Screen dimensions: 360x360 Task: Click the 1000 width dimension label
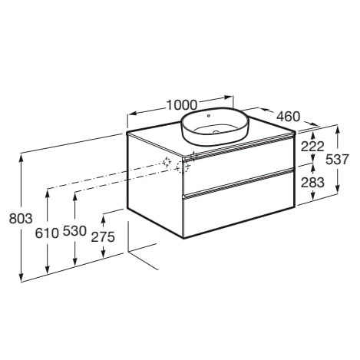pyautogui.click(x=182, y=105)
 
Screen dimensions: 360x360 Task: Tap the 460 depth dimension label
pyautogui.click(x=288, y=117)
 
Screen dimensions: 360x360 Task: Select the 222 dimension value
pyautogui.click(x=312, y=147)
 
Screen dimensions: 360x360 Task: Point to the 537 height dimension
pyautogui.click(x=337, y=160)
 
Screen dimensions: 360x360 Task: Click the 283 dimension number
pyautogui.click(x=312, y=183)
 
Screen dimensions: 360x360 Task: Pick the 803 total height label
pyautogui.click(x=21, y=219)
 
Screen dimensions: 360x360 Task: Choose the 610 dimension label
pyautogui.click(x=47, y=233)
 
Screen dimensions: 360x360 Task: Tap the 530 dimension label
pyautogui.click(x=74, y=231)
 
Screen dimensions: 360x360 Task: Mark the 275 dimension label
pyautogui.click(x=103, y=237)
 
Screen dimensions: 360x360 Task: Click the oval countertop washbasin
pyautogui.click(x=214, y=126)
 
